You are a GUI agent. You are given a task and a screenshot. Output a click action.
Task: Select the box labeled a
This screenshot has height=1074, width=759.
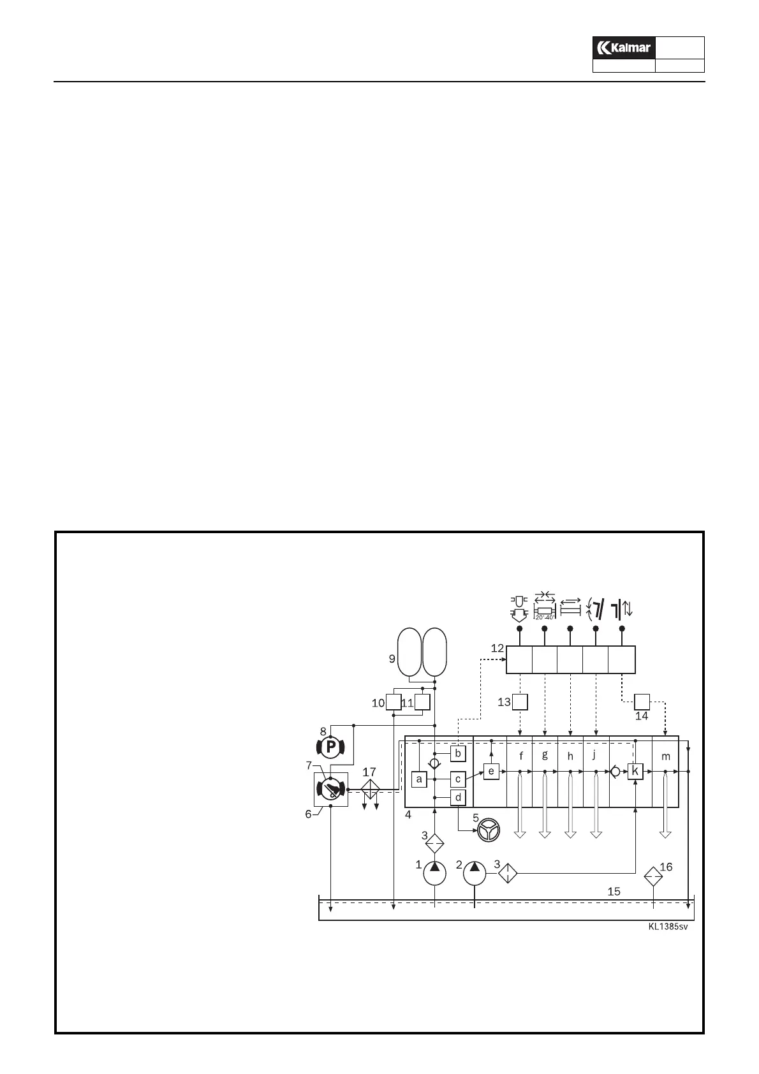[x=419, y=779]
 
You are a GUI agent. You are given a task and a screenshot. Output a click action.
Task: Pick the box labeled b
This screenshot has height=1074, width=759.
[x=458, y=753]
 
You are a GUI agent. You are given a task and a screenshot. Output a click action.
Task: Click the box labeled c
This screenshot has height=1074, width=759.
[x=458, y=779]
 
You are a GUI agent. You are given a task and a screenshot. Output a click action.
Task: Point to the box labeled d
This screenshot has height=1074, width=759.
[x=458, y=797]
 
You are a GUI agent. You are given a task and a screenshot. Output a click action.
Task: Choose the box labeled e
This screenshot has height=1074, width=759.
[x=491, y=772]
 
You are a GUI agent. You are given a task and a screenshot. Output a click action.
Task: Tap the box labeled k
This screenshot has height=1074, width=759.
[x=635, y=771]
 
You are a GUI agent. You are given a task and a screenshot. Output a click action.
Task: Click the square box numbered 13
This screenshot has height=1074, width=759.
[x=520, y=702]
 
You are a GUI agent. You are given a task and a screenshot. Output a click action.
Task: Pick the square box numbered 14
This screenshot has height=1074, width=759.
[x=641, y=702]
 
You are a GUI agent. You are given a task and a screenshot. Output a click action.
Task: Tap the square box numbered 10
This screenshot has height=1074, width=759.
[x=394, y=702]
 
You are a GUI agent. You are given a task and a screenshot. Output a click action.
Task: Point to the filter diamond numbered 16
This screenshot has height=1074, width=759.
[x=653, y=877]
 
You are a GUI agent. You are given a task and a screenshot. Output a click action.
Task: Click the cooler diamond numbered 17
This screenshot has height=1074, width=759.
[x=370, y=790]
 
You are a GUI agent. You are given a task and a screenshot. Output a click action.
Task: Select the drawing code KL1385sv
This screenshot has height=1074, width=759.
[x=668, y=927]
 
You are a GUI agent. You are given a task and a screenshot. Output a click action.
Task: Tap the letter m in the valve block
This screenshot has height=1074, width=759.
[x=666, y=756]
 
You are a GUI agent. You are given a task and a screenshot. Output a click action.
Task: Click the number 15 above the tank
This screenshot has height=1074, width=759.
[x=614, y=892]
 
